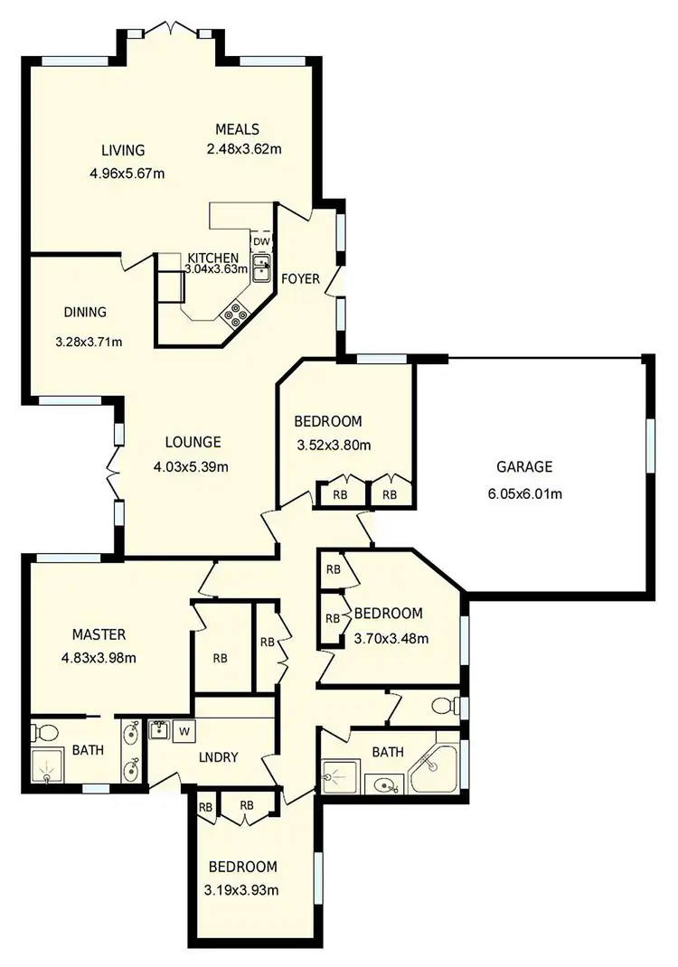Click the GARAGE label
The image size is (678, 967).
pyautogui.click(x=523, y=467)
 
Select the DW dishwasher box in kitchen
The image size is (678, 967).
pyautogui.click(x=260, y=241)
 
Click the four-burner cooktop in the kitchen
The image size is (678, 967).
pyautogui.click(x=237, y=313)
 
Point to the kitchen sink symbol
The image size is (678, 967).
pyautogui.click(x=262, y=268)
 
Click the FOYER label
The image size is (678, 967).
pyautogui.click(x=300, y=279)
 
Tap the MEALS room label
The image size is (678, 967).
pyautogui.click(x=237, y=128)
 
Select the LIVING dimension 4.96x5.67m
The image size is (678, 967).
pyautogui.click(x=127, y=174)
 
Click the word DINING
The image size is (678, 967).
pyautogui.click(x=85, y=313)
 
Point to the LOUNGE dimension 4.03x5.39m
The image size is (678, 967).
pyautogui.click(x=191, y=467)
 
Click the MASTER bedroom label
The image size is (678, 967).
pyautogui.click(x=99, y=634)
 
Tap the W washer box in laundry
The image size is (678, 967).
pyautogui.click(x=183, y=730)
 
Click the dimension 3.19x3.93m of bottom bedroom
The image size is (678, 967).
pyautogui.click(x=241, y=890)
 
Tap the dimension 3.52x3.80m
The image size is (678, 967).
pyautogui.click(x=334, y=445)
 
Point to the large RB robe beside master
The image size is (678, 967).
pyautogui.click(x=221, y=658)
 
